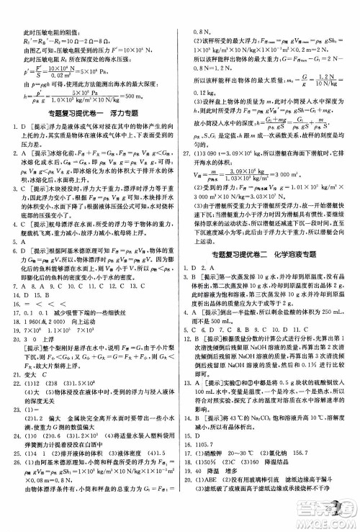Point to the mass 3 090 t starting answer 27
[x=216, y=154]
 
